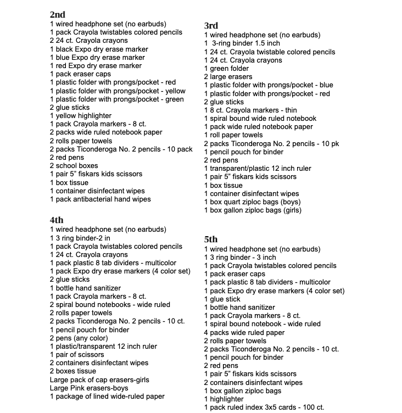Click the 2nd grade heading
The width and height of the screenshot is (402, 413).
pos(58,15)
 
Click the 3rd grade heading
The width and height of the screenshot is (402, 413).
pos(211,26)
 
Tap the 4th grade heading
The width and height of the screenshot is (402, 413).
pos(57,220)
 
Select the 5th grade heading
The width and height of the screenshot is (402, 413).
pos(211,239)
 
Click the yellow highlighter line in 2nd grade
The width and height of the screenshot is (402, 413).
pos(81,116)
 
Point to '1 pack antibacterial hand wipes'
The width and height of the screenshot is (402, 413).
pos(100,199)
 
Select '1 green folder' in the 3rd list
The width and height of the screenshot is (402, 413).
pos(226,69)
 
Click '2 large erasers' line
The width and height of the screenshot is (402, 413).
pos(228,77)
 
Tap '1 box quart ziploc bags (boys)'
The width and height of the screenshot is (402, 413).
pos(252,202)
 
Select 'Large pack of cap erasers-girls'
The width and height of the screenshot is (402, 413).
pos(99,379)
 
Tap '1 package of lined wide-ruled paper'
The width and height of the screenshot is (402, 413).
pos(107,396)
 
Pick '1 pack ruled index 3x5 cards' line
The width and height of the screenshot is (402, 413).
pos(264,408)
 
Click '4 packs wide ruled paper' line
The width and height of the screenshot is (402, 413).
pos(244,332)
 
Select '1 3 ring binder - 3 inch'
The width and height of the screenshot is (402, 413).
pos(240,257)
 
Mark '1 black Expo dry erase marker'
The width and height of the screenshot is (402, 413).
pos(99,49)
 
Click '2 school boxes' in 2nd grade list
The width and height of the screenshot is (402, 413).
pos(74,165)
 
